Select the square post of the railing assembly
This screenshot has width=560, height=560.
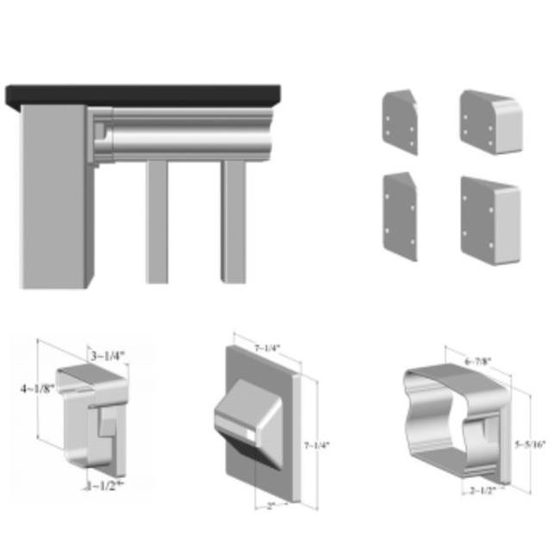tap(53, 198)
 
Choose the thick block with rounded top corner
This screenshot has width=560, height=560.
tap(490, 122)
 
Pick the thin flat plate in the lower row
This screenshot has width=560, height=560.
tap(400, 215)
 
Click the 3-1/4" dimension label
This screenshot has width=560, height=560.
tap(108, 355)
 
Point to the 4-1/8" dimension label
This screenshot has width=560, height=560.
tap(38, 389)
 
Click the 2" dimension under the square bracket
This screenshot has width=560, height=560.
tap(270, 506)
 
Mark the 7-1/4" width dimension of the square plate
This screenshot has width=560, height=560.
tap(266, 347)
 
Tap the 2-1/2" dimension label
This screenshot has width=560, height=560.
tap(482, 491)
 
